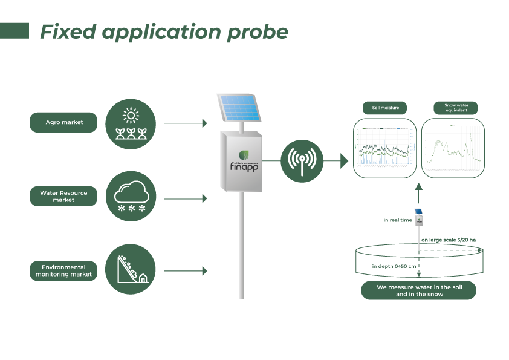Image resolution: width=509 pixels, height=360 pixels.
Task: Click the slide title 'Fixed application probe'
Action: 164,32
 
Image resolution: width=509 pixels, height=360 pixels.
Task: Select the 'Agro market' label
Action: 63,122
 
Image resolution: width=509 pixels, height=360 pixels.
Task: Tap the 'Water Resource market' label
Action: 63,196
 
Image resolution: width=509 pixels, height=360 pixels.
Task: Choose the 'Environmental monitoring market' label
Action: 63,270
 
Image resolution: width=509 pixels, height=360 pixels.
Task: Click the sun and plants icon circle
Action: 131,123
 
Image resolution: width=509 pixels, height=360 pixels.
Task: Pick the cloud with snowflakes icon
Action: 131,196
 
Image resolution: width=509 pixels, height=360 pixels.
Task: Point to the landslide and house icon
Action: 131,269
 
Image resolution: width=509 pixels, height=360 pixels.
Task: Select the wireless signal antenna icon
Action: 302,161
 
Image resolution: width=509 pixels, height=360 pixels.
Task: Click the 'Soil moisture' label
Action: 385,108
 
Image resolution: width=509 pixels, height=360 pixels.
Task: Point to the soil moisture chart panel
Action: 385,149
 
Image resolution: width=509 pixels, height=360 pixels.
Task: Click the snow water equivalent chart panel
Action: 453,149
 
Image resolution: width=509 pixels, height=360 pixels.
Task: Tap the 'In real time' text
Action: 397,220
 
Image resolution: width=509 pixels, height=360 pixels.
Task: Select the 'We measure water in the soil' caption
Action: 418,290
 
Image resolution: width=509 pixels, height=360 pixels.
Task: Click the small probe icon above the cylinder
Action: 418,218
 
